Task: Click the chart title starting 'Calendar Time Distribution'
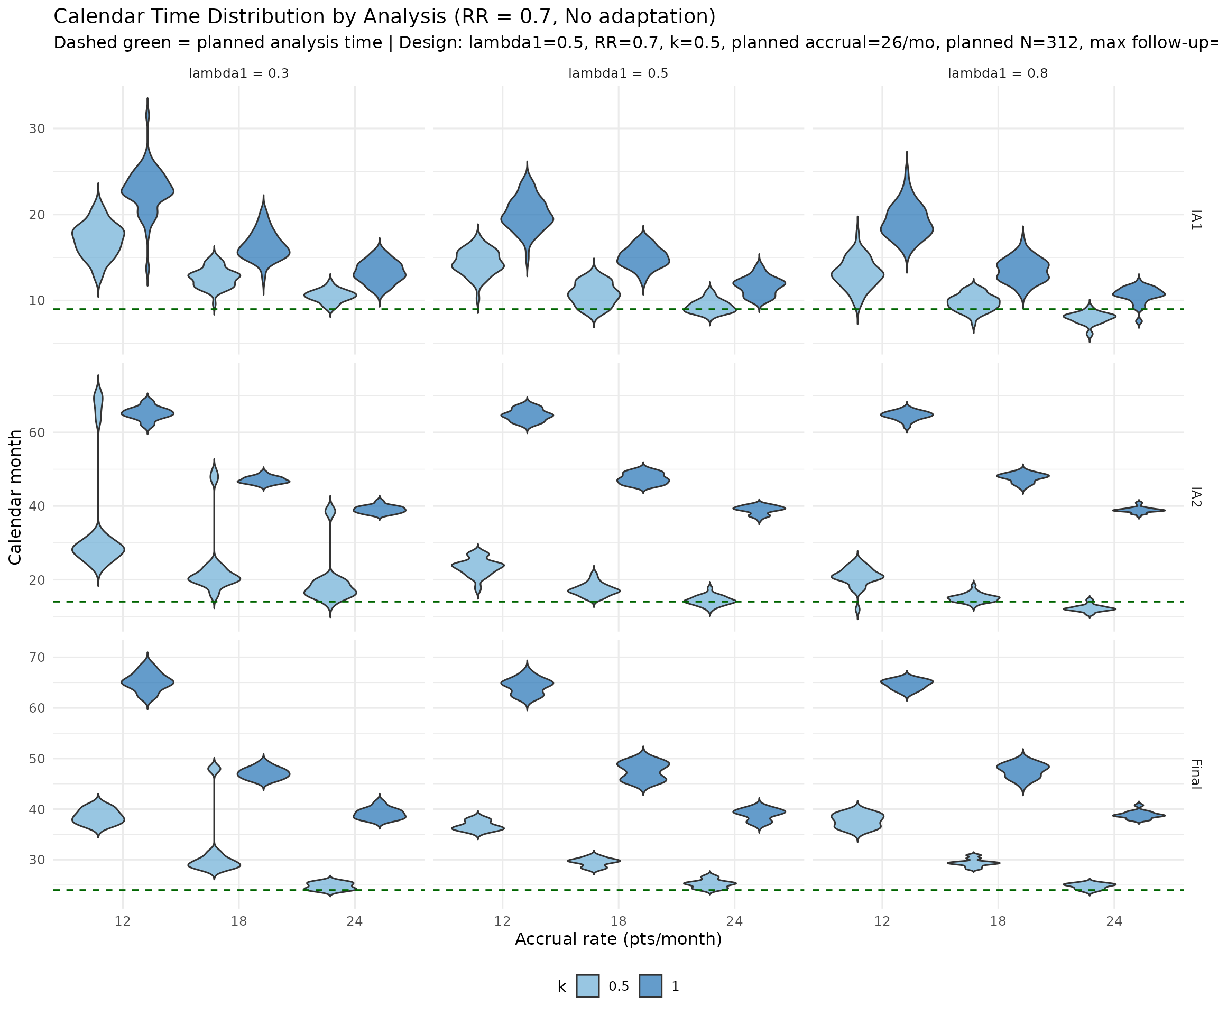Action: [x=384, y=17]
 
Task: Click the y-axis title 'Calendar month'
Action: [x=15, y=496]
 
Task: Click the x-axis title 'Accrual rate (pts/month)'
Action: [x=619, y=938]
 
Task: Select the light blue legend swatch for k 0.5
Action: [x=587, y=986]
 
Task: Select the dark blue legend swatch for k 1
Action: [x=650, y=986]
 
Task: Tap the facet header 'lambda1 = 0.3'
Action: [x=238, y=73]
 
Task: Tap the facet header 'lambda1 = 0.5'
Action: [x=619, y=73]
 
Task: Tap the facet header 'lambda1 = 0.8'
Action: [x=998, y=73]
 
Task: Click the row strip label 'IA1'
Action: [x=1195, y=220]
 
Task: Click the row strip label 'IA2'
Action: [x=1195, y=497]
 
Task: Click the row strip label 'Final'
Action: [x=1195, y=774]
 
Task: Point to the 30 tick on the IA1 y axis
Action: [x=37, y=129]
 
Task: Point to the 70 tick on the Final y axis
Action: [x=37, y=657]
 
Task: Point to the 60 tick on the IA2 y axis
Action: [x=37, y=432]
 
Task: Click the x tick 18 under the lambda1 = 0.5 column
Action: [x=619, y=920]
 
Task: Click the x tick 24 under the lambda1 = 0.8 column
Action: [x=1114, y=920]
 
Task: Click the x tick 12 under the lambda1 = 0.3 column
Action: [x=122, y=920]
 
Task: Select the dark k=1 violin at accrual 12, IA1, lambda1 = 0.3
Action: [x=147, y=191]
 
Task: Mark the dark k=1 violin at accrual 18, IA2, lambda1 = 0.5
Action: [x=643, y=479]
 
